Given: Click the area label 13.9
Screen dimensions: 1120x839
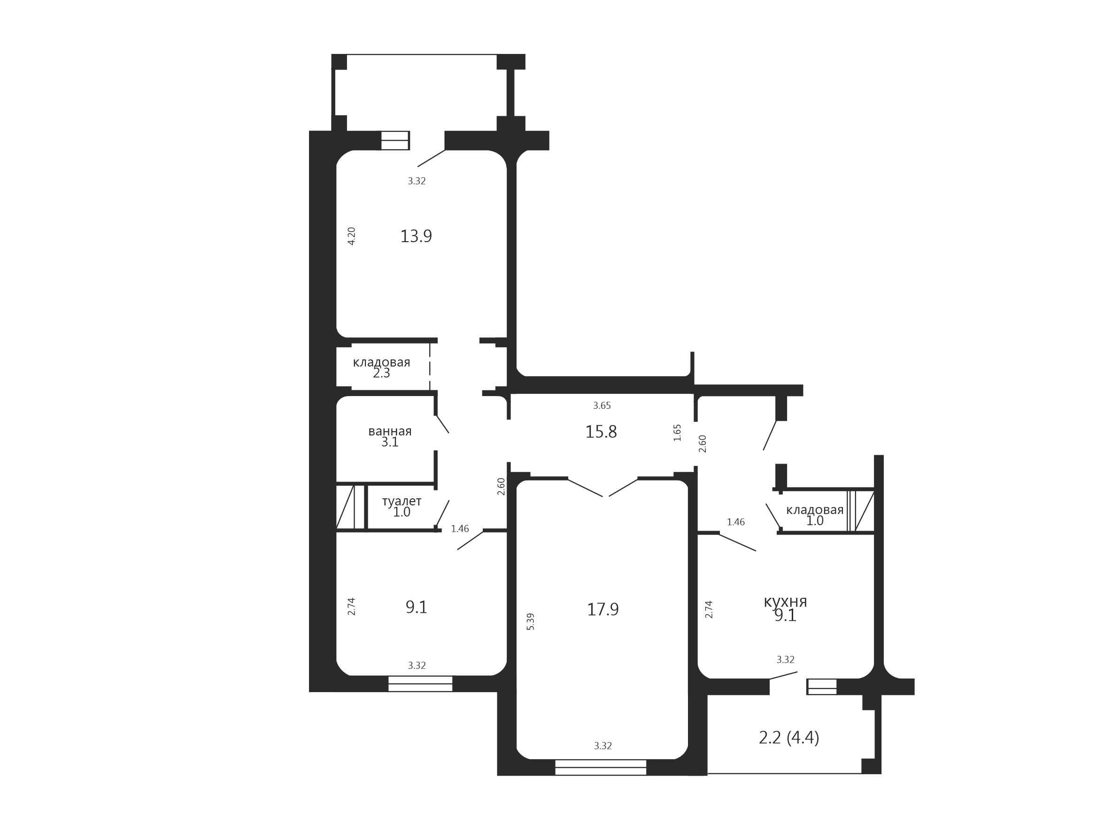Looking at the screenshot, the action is pos(416,236).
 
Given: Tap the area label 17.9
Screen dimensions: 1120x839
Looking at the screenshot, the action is pos(602,609).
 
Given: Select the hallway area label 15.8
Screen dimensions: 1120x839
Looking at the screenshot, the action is pos(601,432).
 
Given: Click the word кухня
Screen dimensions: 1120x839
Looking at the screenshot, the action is pos(785,602).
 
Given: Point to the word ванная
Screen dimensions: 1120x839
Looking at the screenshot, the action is pos(390,431).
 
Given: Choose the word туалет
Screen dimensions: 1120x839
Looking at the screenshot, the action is pos(402,501).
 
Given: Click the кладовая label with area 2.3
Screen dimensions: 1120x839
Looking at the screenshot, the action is pos(381,362).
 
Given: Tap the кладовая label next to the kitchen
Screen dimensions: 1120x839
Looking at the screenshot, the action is pos(815,510).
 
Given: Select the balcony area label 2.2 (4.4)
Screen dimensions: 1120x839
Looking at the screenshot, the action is pos(789,738).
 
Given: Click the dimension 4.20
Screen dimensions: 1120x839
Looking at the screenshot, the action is pos(351,236).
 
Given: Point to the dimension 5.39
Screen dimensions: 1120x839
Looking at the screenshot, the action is pos(531,621).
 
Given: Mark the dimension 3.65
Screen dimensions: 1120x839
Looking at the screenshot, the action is pos(602,405).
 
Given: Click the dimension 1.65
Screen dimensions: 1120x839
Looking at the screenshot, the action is pos(678,433).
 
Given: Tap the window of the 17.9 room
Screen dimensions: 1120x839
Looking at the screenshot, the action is pos(601,767).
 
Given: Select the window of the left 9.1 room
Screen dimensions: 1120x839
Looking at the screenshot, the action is pos(420,684).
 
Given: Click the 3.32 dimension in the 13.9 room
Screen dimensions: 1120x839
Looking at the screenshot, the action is pos(417,181).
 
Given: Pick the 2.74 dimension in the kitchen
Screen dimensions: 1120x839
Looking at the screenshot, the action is pos(709,609).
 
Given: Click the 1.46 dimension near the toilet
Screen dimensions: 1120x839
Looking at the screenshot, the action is pos(460,529).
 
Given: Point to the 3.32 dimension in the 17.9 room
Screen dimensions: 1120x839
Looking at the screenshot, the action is pos(602,746).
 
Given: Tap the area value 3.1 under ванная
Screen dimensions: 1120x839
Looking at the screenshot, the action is pos(390,442).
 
